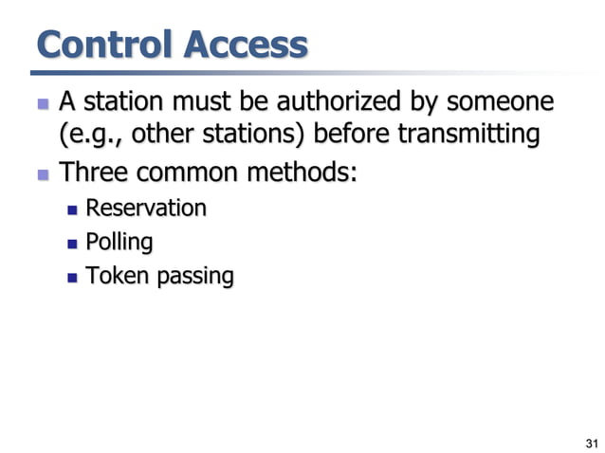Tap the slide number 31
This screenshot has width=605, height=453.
point(593,442)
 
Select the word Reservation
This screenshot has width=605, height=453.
point(146,208)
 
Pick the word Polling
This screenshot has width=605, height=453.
point(119,242)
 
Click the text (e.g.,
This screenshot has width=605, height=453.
point(92,136)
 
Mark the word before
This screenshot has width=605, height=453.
point(346,136)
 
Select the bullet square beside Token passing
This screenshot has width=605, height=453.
point(73,278)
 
